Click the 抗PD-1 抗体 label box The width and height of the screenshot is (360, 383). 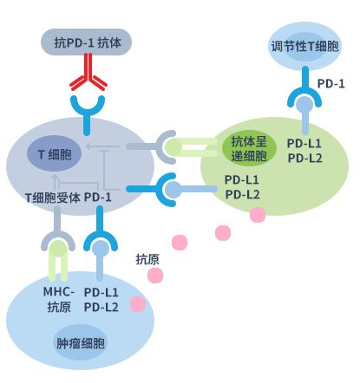86,42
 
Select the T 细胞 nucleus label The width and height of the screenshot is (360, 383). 54,153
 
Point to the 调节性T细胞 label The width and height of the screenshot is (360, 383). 304,46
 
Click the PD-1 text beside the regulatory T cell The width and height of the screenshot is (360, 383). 331,84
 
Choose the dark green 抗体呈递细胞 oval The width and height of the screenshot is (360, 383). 249,148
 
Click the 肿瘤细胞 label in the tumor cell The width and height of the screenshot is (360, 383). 81,343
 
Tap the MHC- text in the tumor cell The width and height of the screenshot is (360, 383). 59,292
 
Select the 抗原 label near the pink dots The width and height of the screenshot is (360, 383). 147,259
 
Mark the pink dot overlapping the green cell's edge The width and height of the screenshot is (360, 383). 258,215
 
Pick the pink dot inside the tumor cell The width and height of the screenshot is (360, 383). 138,304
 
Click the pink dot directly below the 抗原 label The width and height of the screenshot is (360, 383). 155,276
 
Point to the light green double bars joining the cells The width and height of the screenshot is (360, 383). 192,147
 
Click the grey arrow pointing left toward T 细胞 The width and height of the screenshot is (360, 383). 102,146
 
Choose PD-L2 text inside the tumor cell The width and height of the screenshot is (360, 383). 101,307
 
